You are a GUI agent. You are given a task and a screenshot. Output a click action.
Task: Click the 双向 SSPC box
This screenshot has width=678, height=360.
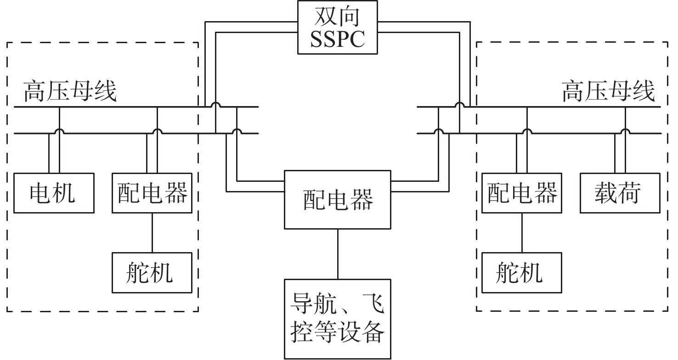[338, 28]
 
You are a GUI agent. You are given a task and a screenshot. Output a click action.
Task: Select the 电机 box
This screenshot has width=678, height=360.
[54, 193]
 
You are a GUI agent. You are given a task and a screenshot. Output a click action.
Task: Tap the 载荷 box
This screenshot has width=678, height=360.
[620, 193]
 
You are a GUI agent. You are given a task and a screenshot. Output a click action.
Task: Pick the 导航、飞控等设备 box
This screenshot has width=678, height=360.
[338, 319]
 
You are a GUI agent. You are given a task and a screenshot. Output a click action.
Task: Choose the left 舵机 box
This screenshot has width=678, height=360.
[152, 273]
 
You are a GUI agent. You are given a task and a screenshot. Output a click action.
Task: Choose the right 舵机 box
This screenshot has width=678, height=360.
[522, 273]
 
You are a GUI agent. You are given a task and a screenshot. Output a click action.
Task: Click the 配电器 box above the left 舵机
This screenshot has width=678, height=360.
[152, 193]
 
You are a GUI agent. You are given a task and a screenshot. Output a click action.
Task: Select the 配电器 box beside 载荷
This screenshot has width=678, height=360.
[522, 193]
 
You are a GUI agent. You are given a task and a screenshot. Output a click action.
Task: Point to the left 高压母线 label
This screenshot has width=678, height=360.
[70, 91]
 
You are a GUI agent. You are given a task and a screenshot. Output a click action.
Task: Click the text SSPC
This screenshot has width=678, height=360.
[338, 39]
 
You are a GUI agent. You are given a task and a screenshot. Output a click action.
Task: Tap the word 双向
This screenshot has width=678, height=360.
[338, 17]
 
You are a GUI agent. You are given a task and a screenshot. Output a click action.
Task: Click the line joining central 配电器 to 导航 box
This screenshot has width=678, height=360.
[338, 254]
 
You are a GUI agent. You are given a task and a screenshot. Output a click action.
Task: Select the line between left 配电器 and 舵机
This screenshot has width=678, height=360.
[152, 233]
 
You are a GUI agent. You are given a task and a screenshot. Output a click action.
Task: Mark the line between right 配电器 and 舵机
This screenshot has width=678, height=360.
[522, 233]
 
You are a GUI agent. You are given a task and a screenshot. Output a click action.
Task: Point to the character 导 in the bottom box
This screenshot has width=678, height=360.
[302, 304]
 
